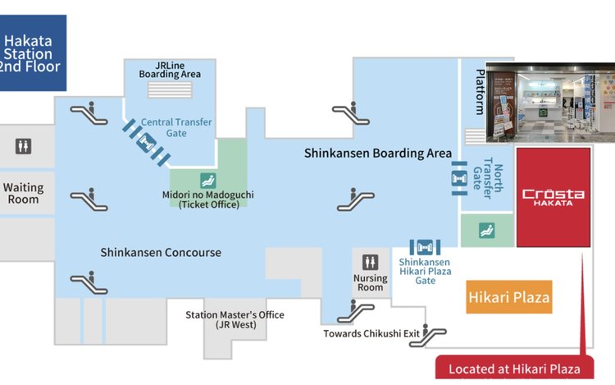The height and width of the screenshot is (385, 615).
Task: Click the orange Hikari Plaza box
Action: (x=508, y=296)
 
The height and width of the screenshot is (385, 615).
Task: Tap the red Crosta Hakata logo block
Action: (x=553, y=197)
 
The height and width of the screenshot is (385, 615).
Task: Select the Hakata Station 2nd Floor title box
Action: (x=32, y=53)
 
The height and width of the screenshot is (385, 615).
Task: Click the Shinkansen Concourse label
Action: (x=161, y=252)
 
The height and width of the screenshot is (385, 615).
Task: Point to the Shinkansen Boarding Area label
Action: (x=378, y=153)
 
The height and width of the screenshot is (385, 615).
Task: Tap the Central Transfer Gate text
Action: (x=176, y=127)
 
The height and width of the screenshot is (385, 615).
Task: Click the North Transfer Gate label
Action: (x=488, y=179)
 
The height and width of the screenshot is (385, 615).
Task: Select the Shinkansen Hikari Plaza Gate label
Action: (x=425, y=271)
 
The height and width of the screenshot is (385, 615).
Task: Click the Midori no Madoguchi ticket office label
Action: (x=208, y=199)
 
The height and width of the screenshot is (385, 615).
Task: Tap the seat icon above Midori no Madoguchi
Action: (x=208, y=181)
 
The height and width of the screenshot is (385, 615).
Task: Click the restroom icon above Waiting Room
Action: (x=23, y=146)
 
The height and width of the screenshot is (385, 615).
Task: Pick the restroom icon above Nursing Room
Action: (x=370, y=262)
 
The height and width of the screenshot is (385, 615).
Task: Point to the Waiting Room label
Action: (x=24, y=193)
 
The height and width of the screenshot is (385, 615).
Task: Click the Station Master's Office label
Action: (x=235, y=319)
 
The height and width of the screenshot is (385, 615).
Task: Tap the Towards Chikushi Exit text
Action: (x=371, y=333)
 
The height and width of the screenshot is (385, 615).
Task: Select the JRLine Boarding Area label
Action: (x=170, y=70)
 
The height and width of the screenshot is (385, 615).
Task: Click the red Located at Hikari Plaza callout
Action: (x=515, y=367)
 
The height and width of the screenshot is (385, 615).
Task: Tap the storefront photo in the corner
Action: (x=550, y=102)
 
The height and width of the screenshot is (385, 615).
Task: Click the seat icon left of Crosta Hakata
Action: (x=487, y=231)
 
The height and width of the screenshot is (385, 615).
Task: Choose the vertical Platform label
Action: (x=480, y=92)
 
